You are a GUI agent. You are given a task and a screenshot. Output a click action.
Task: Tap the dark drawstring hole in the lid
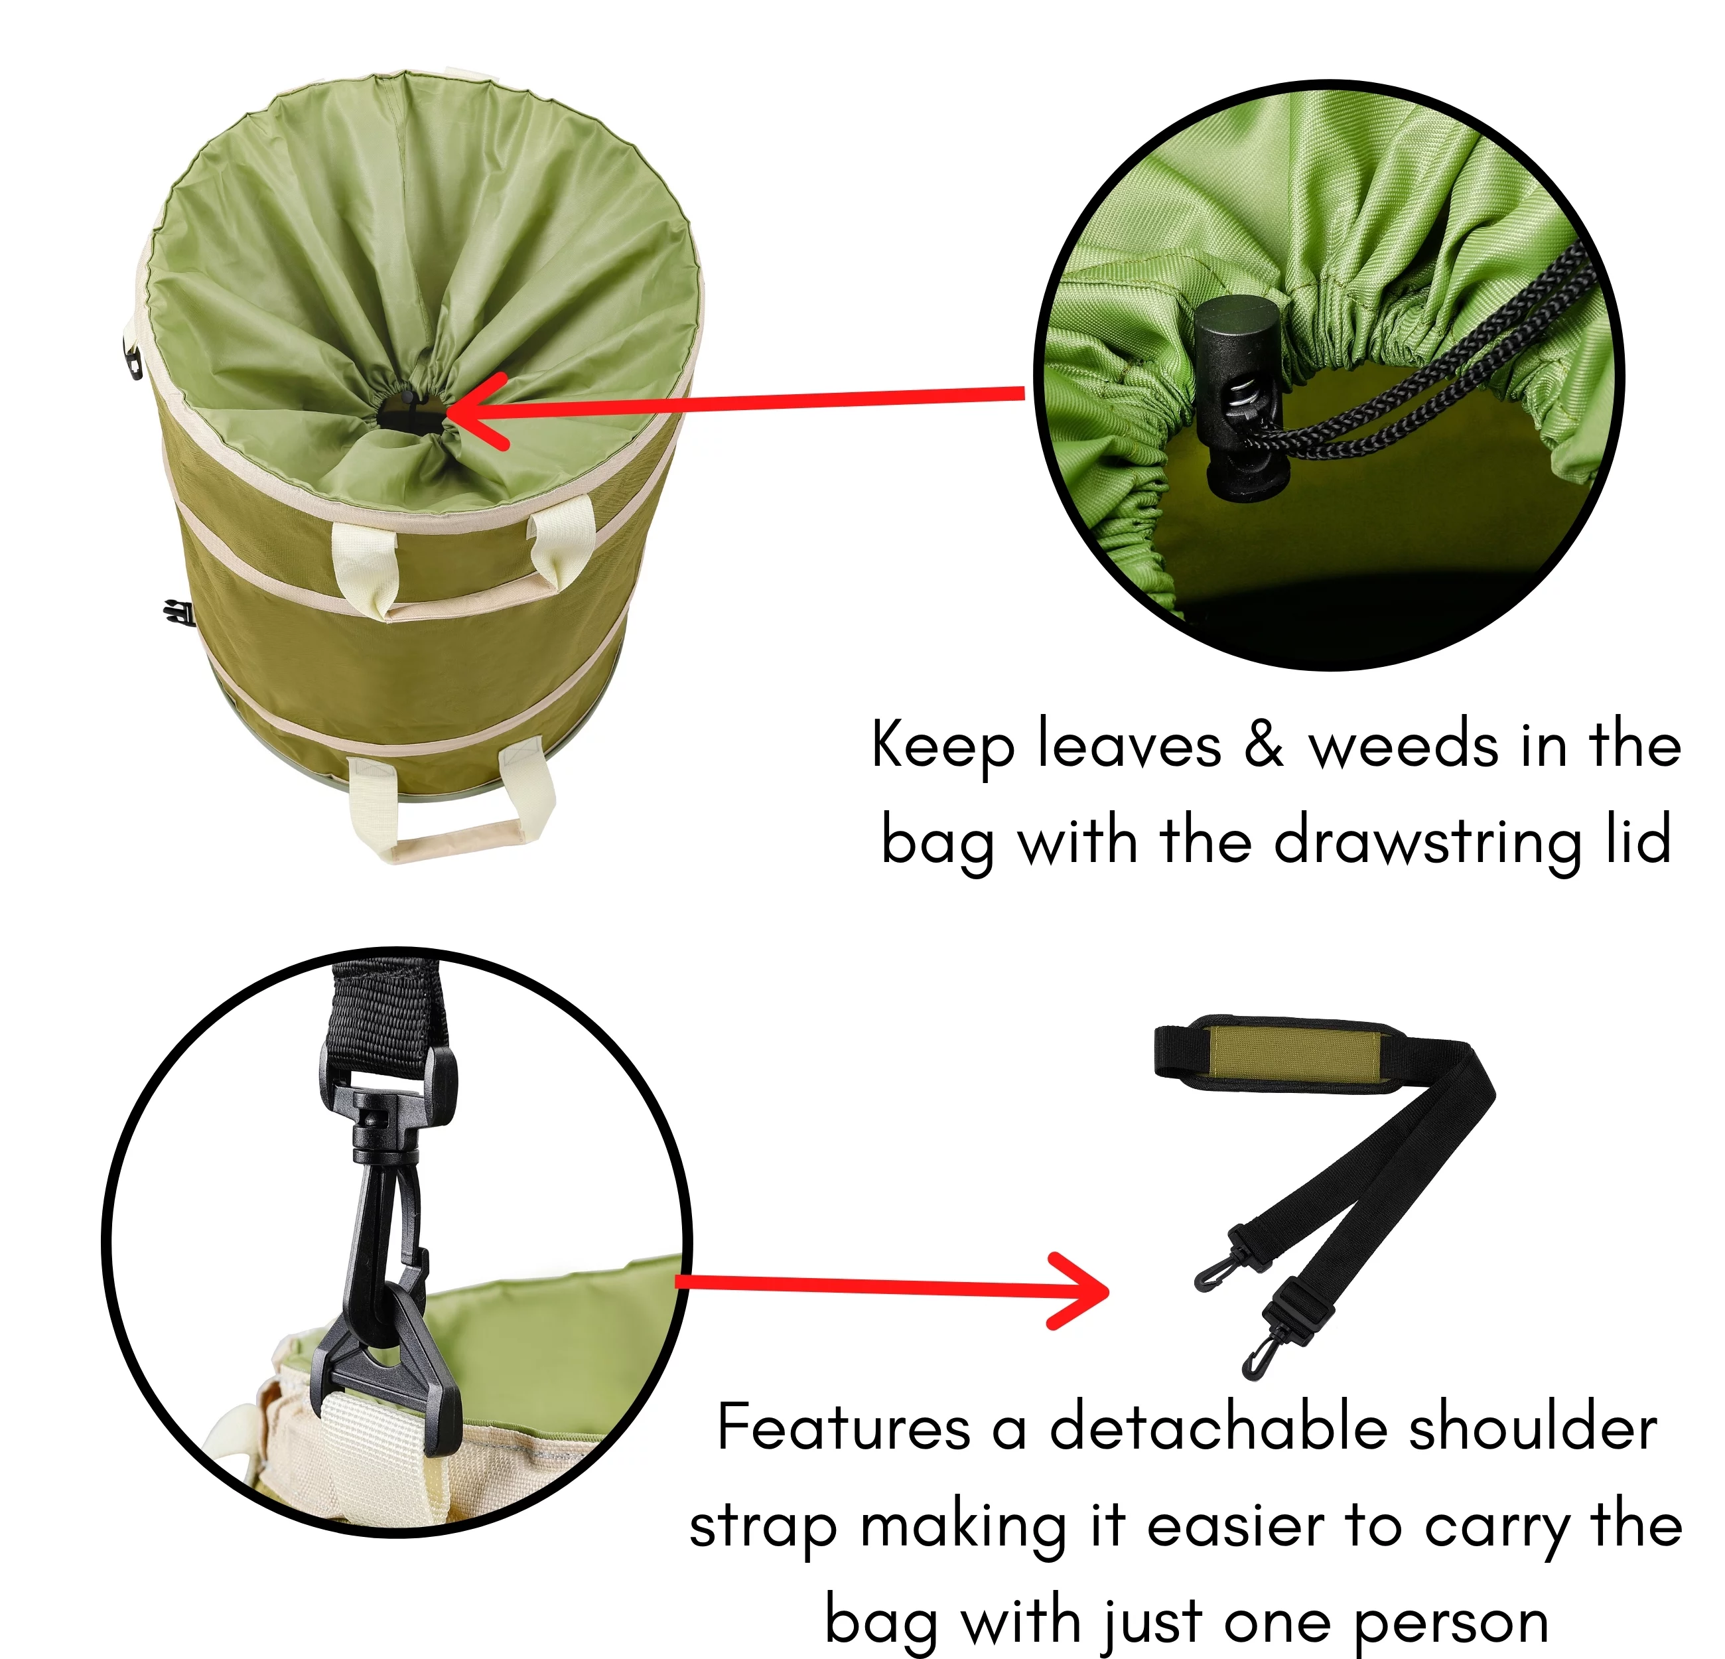[x=410, y=412]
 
